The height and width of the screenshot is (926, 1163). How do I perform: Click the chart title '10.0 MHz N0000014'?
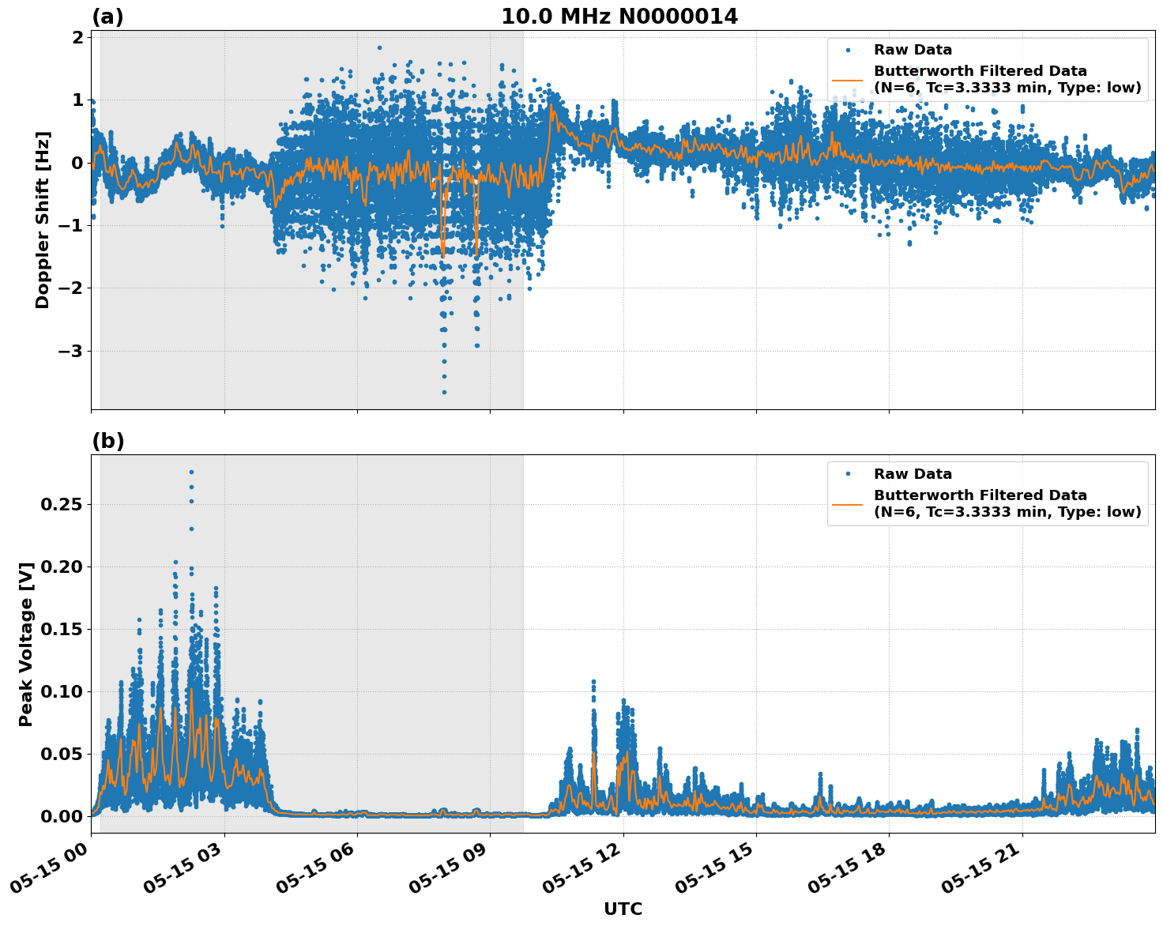pos(619,17)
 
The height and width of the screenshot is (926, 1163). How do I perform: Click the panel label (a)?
pos(107,17)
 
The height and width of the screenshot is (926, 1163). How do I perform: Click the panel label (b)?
pos(107,441)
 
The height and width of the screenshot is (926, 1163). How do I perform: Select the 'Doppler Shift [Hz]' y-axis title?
pos(43,220)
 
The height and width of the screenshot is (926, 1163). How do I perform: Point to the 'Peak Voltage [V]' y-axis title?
pos(26,644)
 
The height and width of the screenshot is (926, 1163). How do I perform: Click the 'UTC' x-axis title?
pos(623,909)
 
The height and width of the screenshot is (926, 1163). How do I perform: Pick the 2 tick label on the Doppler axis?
pos(77,38)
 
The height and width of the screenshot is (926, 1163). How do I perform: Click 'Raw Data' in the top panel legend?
pos(913,50)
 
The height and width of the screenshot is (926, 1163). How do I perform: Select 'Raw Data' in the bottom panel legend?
pos(913,474)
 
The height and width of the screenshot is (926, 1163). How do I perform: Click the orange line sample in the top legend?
pos(847,80)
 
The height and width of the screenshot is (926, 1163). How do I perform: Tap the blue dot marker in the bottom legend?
pos(847,474)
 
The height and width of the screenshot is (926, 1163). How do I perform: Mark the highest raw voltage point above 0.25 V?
pos(191,472)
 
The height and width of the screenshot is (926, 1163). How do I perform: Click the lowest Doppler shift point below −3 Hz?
pos(444,392)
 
